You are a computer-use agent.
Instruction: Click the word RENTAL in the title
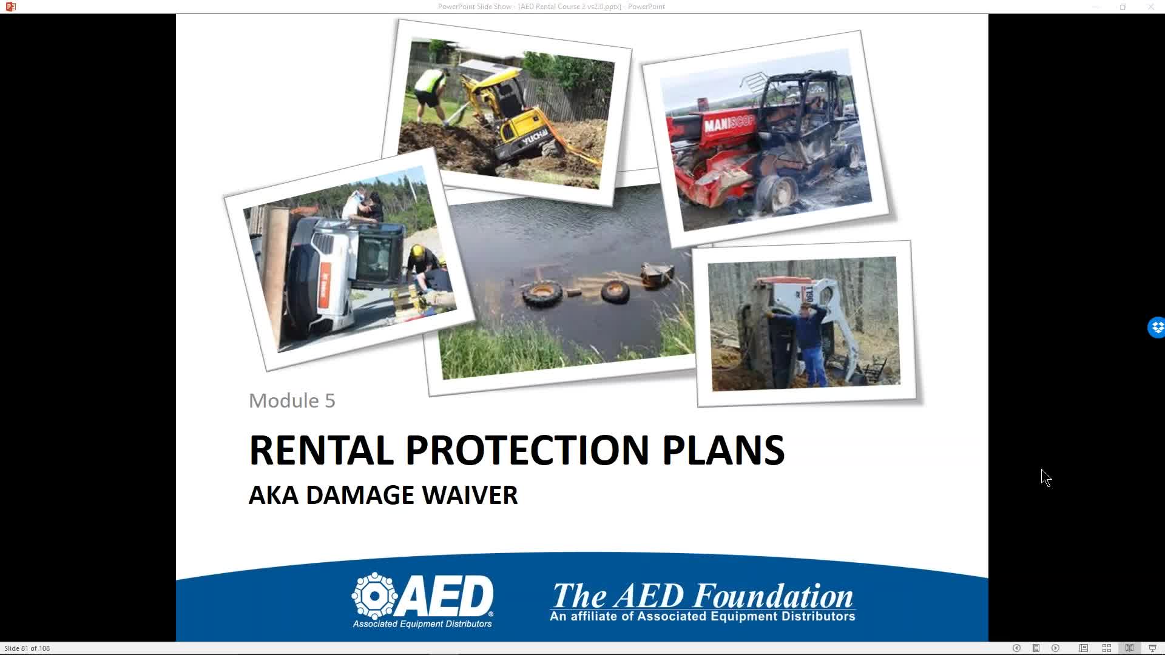321,450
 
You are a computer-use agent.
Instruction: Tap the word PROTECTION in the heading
527,450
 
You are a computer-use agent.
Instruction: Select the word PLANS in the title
723,450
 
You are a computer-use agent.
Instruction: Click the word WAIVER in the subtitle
470,495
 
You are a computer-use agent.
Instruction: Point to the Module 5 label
292,400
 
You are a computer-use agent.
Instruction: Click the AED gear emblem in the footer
375,596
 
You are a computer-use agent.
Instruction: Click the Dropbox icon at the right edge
1157,327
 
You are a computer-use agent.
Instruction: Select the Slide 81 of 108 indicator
27,648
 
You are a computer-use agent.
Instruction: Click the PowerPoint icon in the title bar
10,7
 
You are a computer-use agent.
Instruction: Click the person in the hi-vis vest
431,92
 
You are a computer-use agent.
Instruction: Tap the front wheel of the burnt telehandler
778,193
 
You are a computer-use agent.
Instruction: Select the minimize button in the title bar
1095,7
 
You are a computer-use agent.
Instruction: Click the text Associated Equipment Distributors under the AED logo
422,624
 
